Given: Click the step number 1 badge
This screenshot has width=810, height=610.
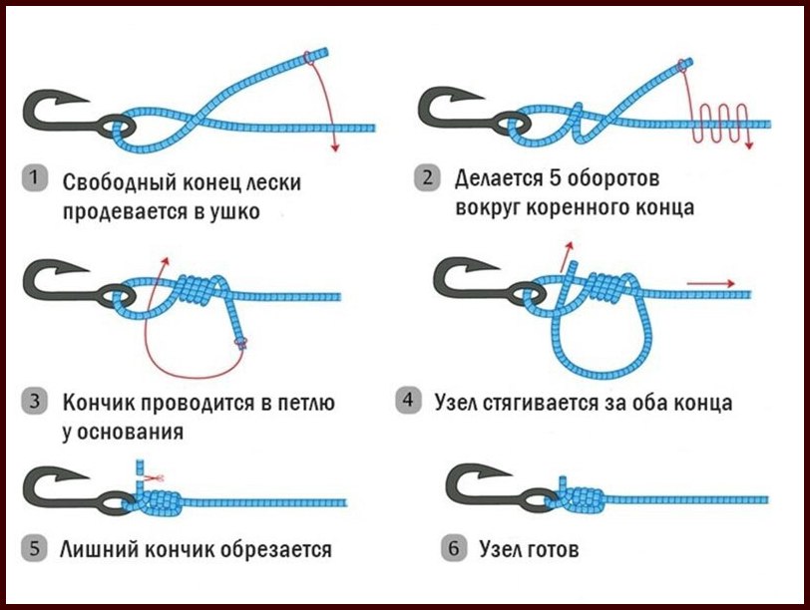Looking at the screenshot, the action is pyautogui.click(x=35, y=179).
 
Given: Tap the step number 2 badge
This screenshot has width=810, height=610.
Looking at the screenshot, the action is pyautogui.click(x=427, y=178).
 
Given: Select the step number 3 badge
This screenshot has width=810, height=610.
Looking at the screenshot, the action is pyautogui.click(x=35, y=401).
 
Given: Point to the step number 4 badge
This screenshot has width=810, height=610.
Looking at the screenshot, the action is pyautogui.click(x=409, y=401).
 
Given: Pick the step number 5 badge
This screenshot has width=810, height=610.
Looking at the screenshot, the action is pyautogui.click(x=35, y=548).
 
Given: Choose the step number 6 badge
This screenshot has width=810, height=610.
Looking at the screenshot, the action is pyautogui.click(x=454, y=548).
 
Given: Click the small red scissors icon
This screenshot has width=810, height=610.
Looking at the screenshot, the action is pyautogui.click(x=154, y=479).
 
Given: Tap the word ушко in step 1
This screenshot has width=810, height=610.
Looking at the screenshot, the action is pyautogui.click(x=234, y=212).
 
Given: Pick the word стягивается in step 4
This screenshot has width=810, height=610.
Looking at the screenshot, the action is pyautogui.click(x=541, y=403).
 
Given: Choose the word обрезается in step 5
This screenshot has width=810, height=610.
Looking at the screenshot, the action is pyautogui.click(x=276, y=549).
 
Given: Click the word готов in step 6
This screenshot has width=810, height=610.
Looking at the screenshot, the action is pyautogui.click(x=554, y=550).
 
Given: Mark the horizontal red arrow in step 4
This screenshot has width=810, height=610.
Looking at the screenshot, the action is pyautogui.click(x=710, y=283).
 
